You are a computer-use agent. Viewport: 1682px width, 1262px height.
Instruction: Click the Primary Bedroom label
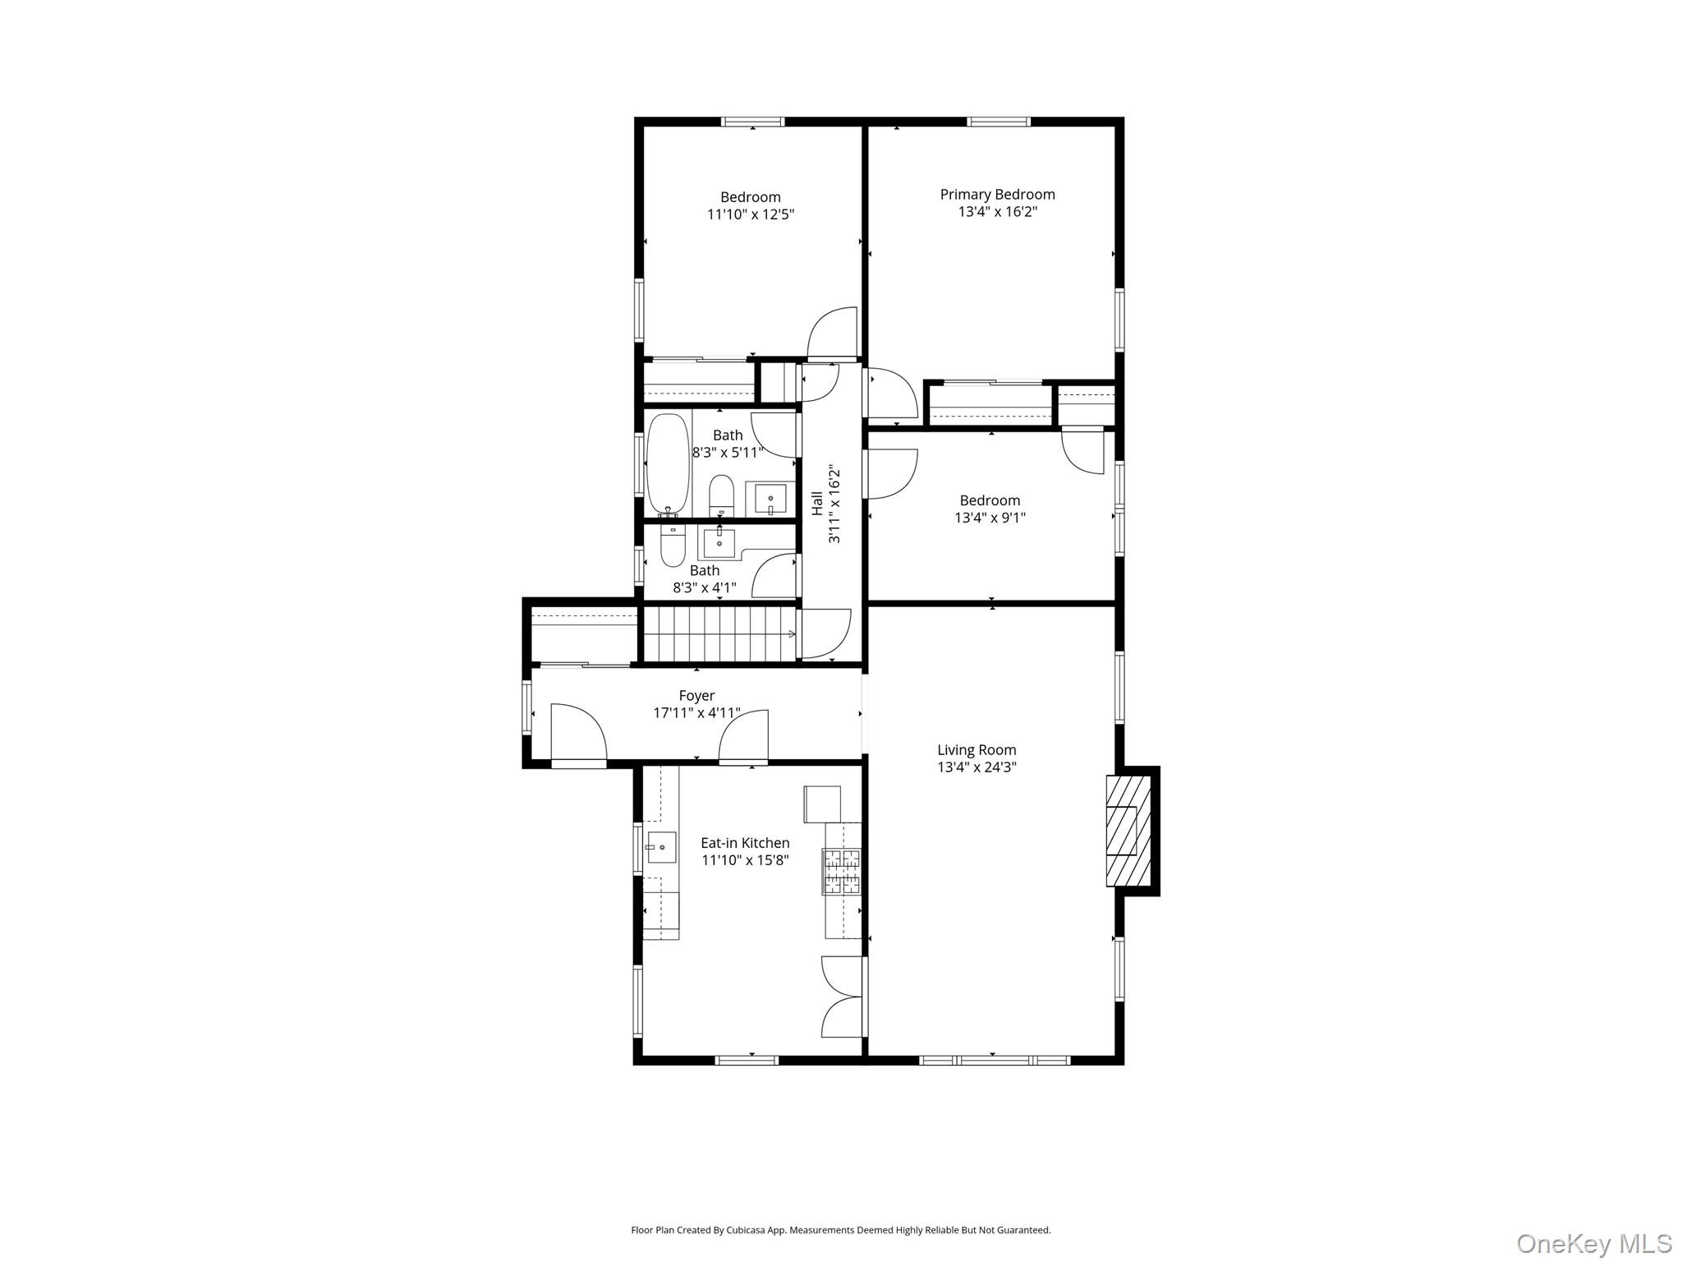[997, 195]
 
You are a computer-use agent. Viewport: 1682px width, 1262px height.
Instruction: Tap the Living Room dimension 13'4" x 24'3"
[977, 767]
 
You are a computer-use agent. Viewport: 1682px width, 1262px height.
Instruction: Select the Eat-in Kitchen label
[745, 843]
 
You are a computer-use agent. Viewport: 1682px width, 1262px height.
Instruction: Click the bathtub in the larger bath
[669, 465]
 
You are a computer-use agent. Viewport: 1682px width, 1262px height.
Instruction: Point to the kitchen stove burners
[843, 872]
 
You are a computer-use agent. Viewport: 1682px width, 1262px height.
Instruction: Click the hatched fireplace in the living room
[1128, 831]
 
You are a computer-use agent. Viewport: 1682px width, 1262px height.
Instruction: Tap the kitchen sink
[661, 847]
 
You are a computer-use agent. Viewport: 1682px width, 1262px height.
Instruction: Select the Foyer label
[696, 696]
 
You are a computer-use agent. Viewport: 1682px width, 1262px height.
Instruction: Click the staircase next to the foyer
[719, 633]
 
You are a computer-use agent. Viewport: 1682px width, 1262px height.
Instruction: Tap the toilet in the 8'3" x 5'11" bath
[721, 495]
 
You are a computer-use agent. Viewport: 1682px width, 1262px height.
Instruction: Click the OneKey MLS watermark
[1594, 1243]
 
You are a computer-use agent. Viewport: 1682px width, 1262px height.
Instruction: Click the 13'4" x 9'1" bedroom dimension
[990, 518]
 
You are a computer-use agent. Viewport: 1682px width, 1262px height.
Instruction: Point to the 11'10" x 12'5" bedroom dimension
[751, 214]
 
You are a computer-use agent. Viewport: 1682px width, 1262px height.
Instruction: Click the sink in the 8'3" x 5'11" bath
[770, 499]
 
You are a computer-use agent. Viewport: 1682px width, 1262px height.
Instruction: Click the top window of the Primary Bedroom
[999, 122]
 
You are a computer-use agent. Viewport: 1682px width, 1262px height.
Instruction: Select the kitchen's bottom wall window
[747, 1061]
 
